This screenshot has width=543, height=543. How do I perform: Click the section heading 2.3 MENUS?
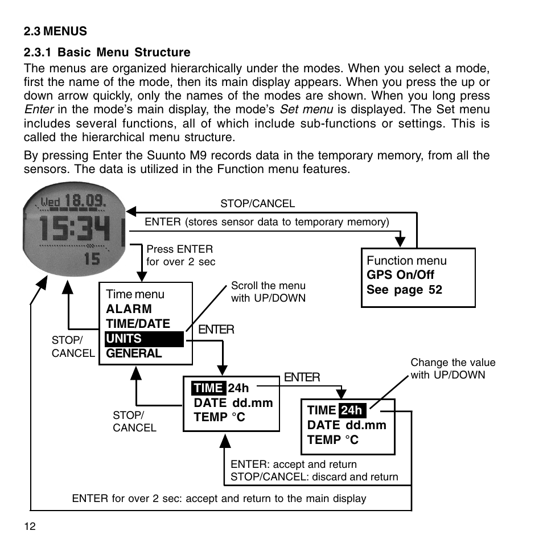pos(55,31)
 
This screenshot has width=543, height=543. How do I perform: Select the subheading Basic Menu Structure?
pos(124,52)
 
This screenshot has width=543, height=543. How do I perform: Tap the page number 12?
pos(30,526)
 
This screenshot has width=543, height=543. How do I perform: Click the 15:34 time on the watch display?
pos(75,229)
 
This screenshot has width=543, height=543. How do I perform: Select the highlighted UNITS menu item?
pos(144,339)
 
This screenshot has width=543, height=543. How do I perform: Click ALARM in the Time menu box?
pos(129,308)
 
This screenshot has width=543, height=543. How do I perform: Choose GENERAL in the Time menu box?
pos(134,353)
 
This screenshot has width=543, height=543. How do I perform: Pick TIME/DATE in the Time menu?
pos(138,323)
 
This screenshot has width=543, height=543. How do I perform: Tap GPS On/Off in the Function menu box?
pos(400,274)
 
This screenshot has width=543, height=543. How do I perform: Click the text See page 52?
pos(405,290)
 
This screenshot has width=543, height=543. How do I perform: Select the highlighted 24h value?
pos(352,410)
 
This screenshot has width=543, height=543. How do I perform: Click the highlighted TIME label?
pos(208,388)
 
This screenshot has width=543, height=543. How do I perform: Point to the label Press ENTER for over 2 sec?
pos(181,255)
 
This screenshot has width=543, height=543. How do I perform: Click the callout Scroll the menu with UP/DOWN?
pos(269,291)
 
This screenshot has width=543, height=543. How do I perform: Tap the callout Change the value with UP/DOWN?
pos(453,368)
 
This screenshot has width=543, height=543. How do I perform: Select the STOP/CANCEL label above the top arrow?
pos(258,203)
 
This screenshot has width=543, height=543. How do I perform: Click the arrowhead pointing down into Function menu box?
pos(400,241)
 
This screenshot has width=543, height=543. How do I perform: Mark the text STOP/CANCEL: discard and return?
pos(314,477)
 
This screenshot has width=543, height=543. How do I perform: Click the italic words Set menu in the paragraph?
pos(306,109)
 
